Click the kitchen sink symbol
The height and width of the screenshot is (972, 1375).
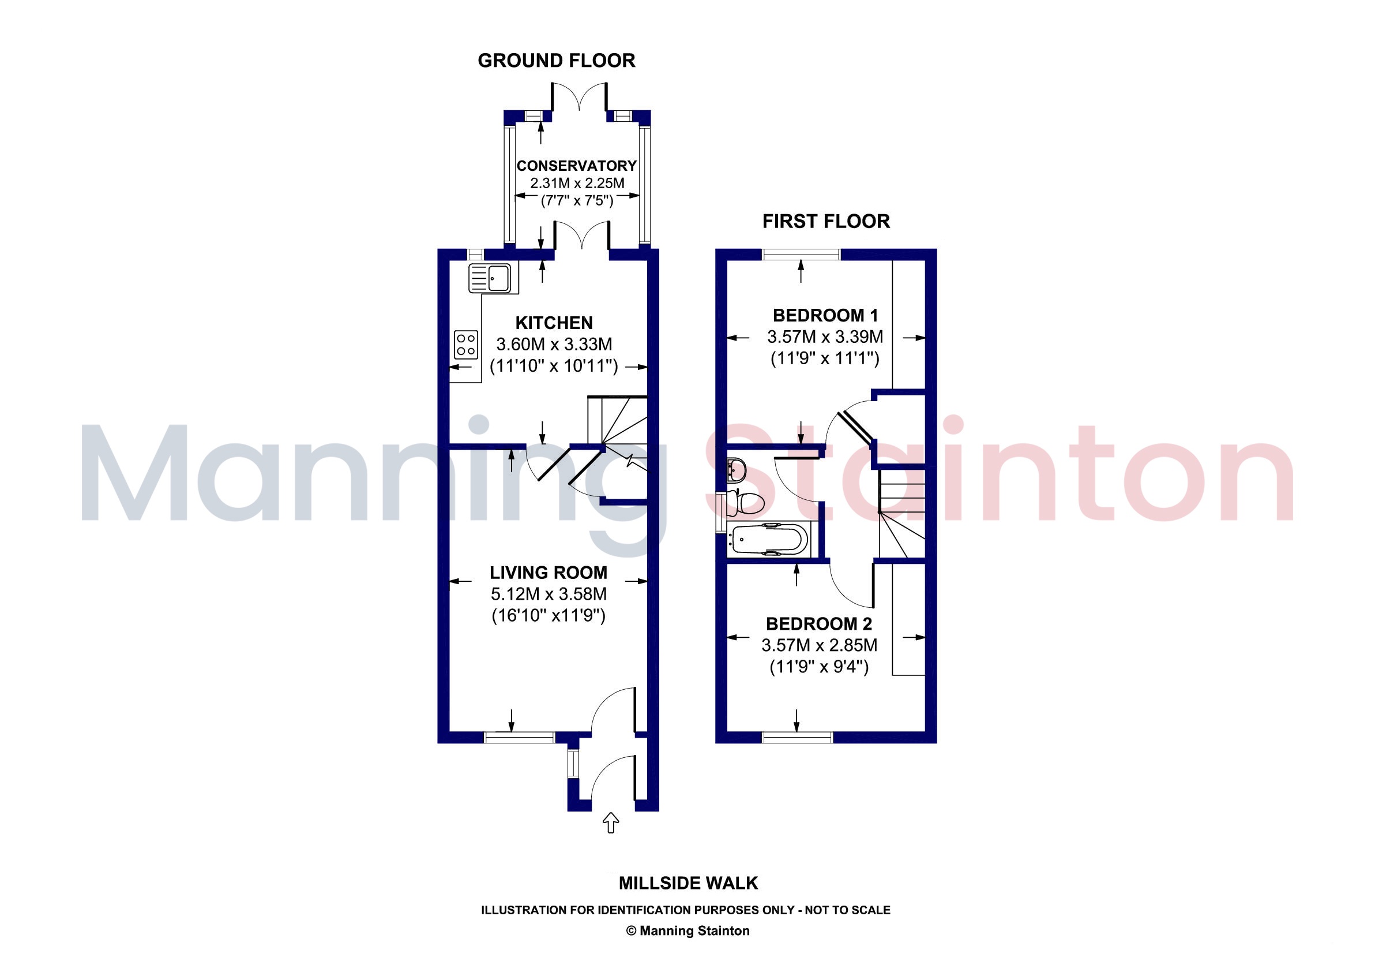tap(489, 278)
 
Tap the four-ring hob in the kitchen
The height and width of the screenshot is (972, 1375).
tap(466, 345)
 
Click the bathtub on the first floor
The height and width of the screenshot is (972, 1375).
tap(768, 540)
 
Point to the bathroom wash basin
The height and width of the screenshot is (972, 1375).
tap(736, 469)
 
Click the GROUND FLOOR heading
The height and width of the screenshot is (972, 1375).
tap(557, 61)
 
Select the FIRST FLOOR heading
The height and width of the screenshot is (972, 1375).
tap(826, 221)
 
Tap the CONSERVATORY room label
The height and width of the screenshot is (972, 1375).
tap(576, 166)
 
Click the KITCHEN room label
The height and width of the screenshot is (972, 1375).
tap(554, 323)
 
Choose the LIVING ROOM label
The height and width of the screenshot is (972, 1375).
tap(549, 573)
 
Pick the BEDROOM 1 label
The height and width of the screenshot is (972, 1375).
tap(825, 315)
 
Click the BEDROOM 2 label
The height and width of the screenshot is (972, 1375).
tap(818, 624)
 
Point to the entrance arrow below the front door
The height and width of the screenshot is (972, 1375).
tap(610, 823)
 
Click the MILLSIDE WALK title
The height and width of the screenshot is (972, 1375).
tap(688, 883)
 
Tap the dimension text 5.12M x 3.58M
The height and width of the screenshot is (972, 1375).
tap(549, 594)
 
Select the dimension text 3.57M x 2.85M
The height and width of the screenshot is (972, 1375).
tap(819, 645)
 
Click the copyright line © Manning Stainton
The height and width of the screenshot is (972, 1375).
tap(687, 930)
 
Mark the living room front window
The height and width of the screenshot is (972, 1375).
tap(520, 738)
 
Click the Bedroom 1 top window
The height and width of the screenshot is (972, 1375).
tap(801, 254)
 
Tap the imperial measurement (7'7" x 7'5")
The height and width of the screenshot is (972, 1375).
tap(577, 200)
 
